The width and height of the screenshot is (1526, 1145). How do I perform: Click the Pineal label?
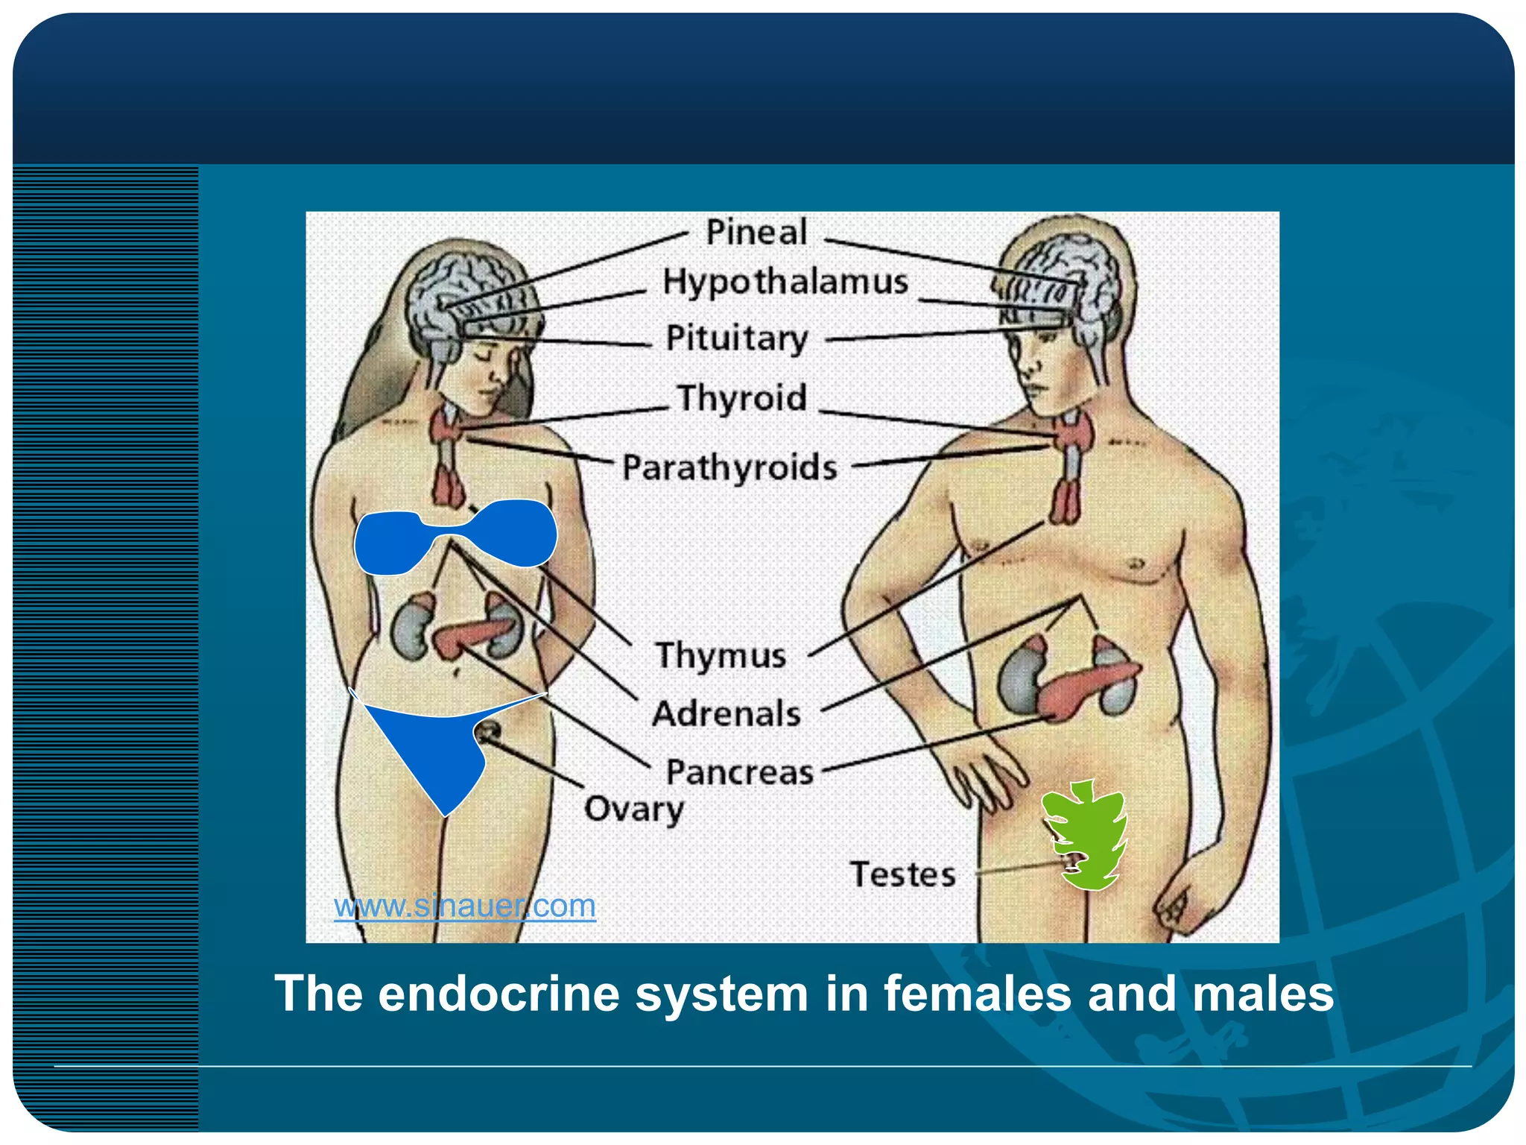(x=756, y=233)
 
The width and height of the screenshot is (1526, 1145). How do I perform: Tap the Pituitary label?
(x=736, y=338)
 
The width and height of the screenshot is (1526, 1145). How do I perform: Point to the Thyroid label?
(x=741, y=398)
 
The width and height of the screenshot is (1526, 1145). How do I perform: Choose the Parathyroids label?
(x=729, y=468)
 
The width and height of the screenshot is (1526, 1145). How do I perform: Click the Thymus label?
(x=721, y=656)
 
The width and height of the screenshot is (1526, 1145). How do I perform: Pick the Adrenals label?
(x=726, y=714)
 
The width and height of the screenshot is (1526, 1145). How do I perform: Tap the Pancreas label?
(x=739, y=772)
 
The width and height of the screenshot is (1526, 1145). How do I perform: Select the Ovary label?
(x=633, y=810)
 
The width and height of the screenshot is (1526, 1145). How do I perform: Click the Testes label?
(x=902, y=874)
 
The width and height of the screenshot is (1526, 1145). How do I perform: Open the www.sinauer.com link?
(x=464, y=906)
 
